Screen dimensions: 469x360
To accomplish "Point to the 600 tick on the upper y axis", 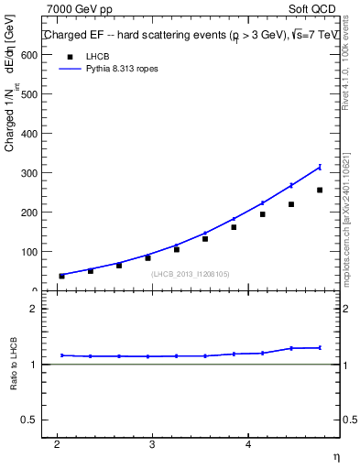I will pos(30,55).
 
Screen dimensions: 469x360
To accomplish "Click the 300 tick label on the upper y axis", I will pos(30,173).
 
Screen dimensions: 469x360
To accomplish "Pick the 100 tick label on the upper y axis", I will pos(30,252).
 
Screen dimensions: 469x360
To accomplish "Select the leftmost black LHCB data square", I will pos(62,276).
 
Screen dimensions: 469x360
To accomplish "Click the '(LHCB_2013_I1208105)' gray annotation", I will pos(191,274).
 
